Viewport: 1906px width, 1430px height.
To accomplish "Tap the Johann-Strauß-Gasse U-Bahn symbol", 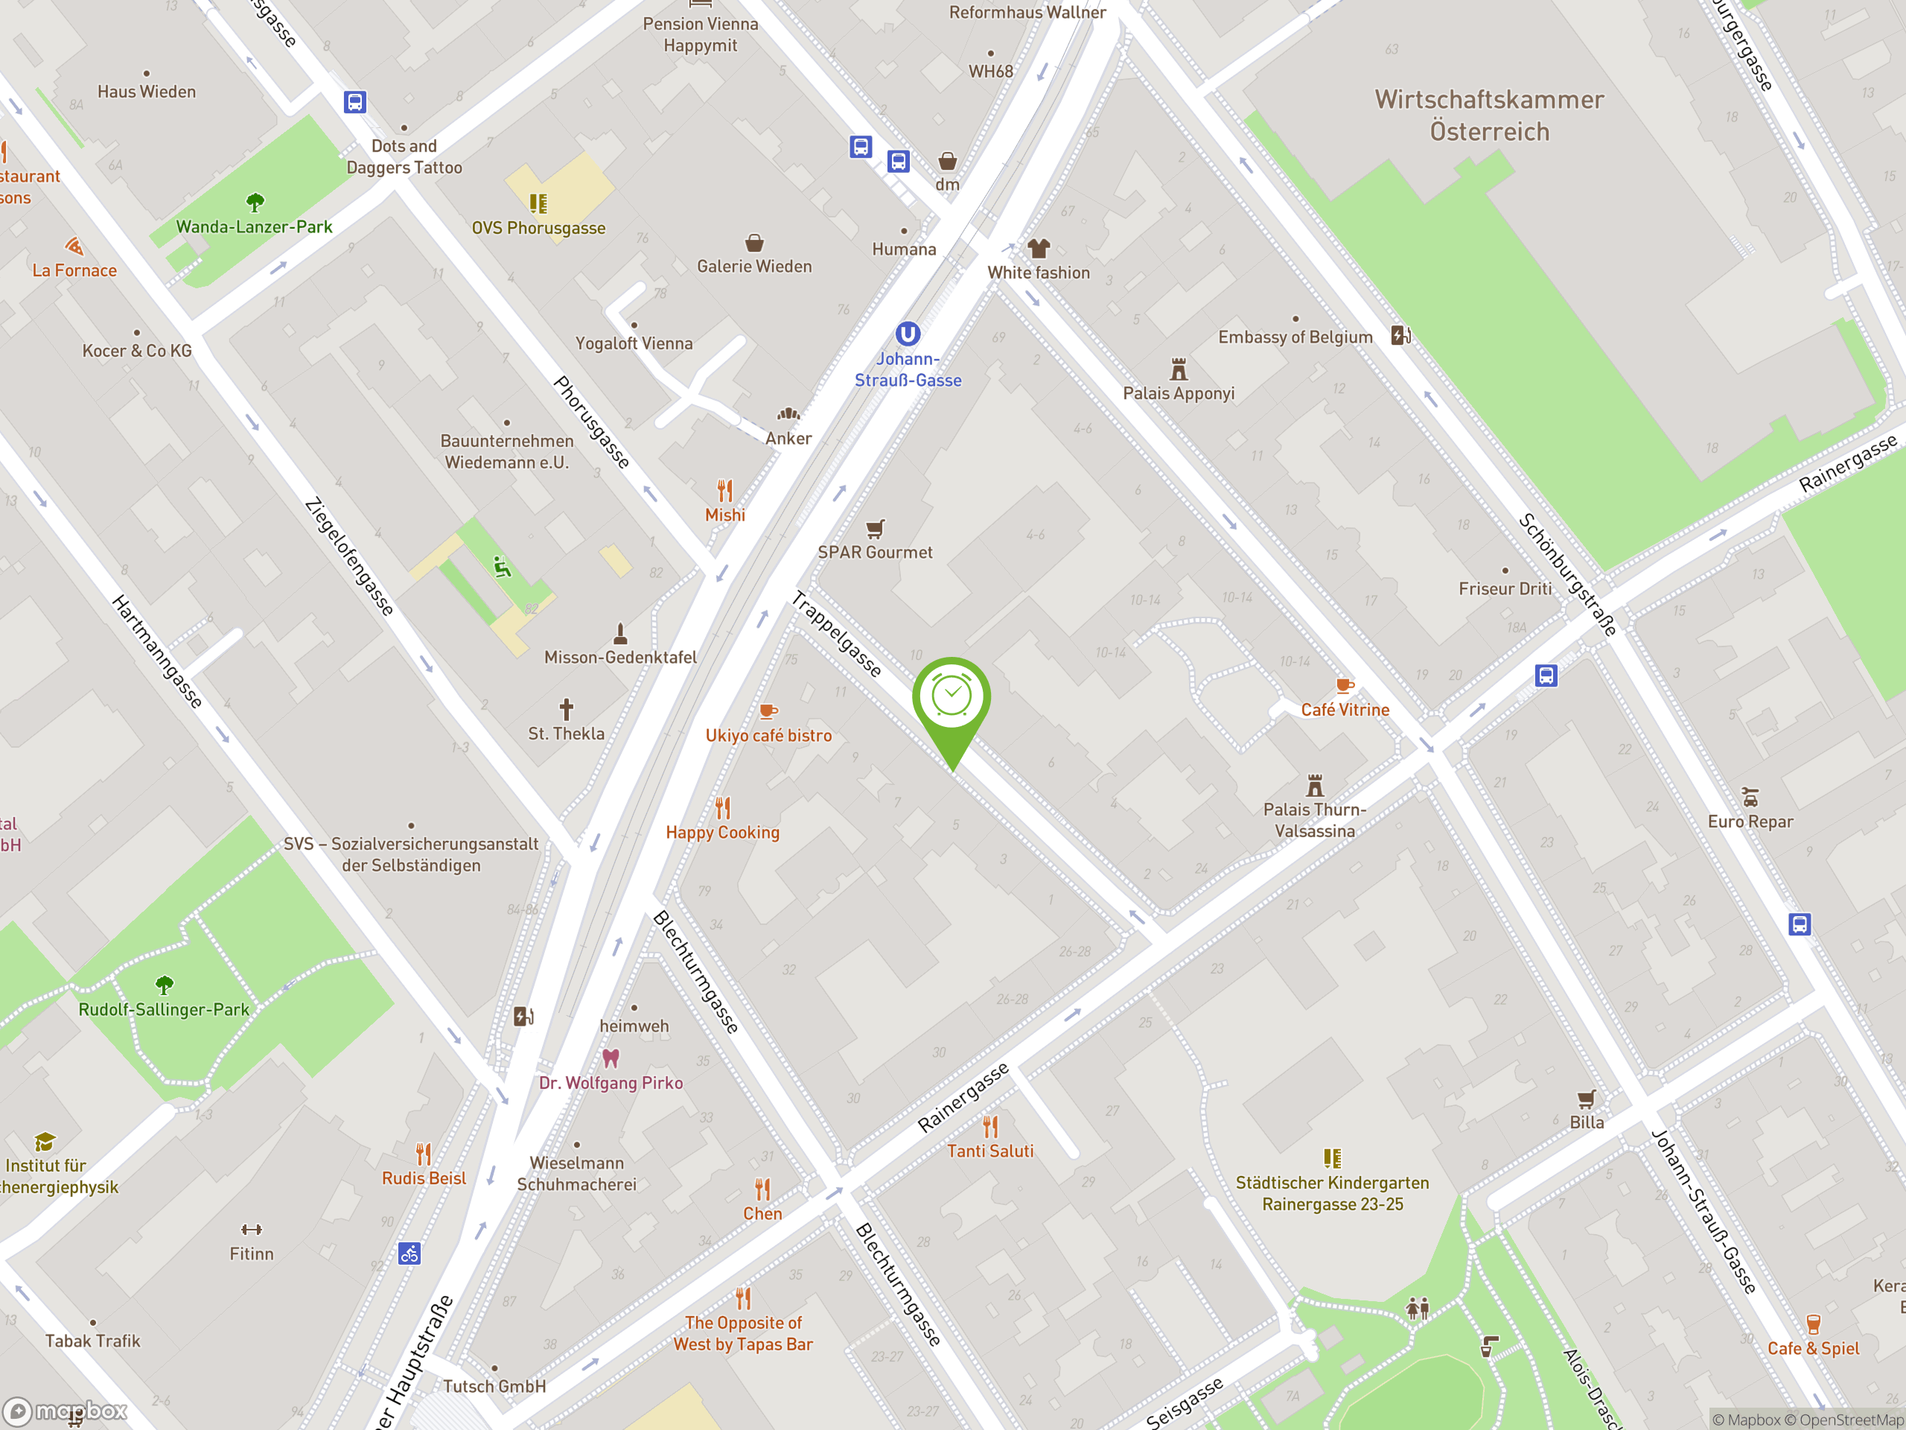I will (x=908, y=334).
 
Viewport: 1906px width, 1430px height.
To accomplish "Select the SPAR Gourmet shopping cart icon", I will (x=875, y=528).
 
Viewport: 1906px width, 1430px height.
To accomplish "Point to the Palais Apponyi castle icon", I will (x=1178, y=369).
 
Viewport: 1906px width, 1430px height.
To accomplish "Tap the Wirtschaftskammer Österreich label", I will (x=1489, y=115).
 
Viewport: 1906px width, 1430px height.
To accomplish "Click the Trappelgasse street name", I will (x=836, y=634).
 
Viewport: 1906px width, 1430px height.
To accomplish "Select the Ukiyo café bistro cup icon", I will (x=768, y=711).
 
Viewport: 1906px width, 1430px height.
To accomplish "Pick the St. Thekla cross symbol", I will (x=566, y=709).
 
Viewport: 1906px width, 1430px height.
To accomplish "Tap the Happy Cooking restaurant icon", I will (x=723, y=807).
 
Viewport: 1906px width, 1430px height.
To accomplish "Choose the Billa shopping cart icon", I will (x=1587, y=1099).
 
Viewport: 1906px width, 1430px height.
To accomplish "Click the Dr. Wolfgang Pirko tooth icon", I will (x=611, y=1058).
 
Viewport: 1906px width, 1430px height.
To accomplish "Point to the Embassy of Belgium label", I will (x=1294, y=337).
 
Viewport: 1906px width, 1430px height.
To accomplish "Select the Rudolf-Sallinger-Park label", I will (x=164, y=1009).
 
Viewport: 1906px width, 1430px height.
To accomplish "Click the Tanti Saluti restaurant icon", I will (x=990, y=1127).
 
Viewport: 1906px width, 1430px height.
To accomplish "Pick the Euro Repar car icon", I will (x=1750, y=798).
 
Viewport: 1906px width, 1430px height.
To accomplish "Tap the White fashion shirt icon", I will (x=1039, y=249).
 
